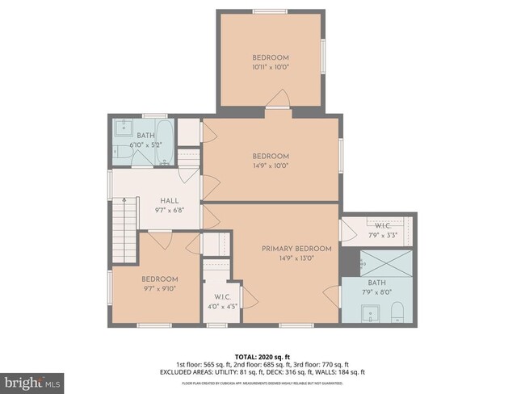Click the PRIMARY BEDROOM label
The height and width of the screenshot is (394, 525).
click(296, 249)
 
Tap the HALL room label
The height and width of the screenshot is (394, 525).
click(169, 201)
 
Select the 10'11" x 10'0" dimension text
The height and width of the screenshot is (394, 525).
click(271, 67)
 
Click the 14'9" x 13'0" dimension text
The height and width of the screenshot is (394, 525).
click(296, 259)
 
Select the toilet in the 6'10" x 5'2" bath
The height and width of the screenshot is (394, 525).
click(166, 162)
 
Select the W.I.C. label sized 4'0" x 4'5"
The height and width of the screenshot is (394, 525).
click(216, 296)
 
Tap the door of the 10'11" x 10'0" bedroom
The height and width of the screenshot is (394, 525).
click(279, 100)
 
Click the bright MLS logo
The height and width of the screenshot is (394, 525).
click(32, 379)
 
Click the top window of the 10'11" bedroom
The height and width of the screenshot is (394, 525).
click(270, 10)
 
